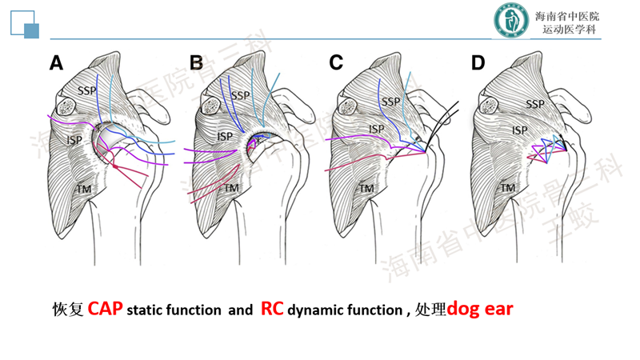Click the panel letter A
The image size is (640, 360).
56,63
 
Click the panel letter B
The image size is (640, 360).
196,63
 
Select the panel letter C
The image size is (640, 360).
336,63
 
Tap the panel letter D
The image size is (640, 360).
478,63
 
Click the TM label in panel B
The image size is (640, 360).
231,189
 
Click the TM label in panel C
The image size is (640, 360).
366,189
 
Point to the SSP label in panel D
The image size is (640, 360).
535,105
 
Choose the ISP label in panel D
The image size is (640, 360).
520,130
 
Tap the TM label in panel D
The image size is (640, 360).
507,188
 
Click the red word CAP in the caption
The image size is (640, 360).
105,309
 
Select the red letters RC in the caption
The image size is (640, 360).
273,309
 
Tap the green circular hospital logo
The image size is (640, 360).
509,23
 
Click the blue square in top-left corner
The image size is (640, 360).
33,30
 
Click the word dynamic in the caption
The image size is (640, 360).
318,310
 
